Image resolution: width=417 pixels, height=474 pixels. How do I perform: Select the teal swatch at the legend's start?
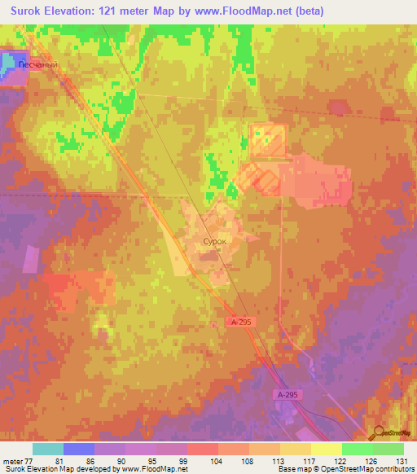tap(48, 449)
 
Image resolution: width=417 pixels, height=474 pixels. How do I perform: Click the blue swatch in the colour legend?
tap(79, 449)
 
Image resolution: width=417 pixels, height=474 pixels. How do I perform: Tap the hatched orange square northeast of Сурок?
tap(268, 140)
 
